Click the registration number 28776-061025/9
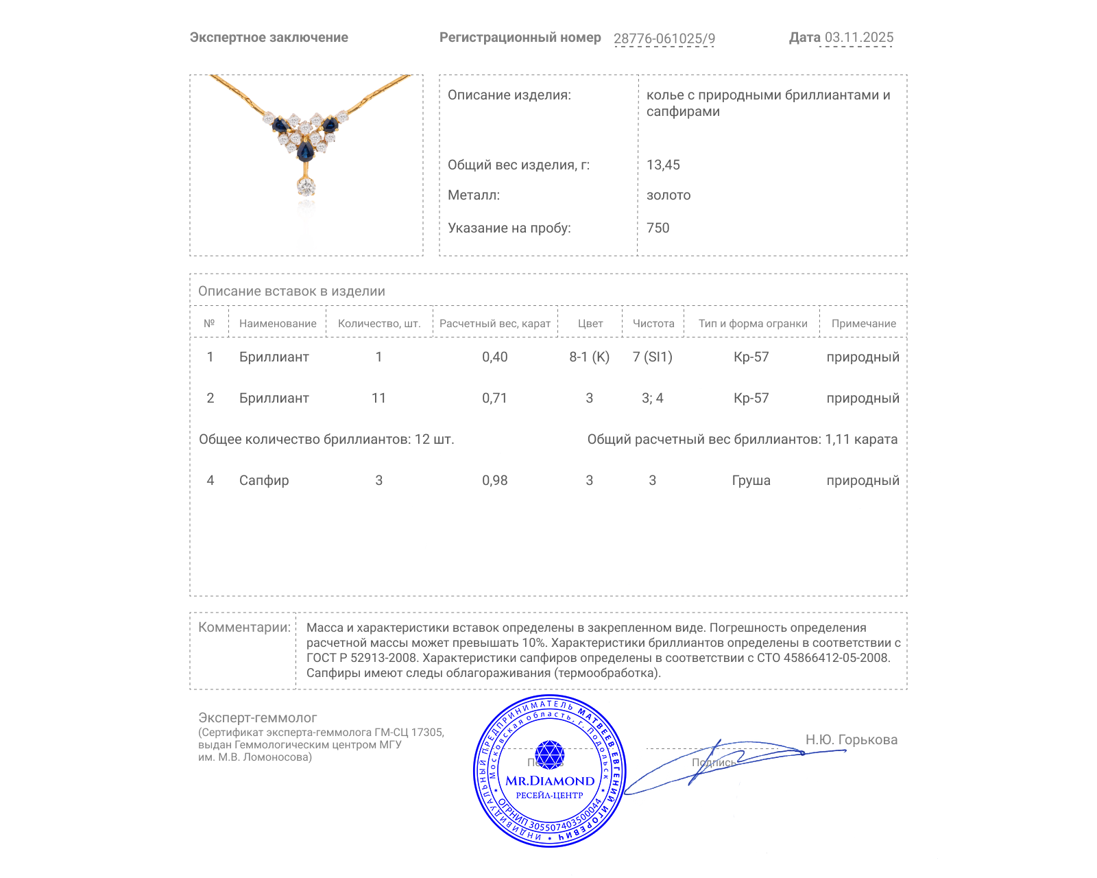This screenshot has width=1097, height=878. tap(664, 38)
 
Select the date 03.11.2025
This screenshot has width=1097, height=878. tap(858, 38)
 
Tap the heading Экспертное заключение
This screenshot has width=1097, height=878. tap(269, 38)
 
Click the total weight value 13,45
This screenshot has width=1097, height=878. tap(663, 165)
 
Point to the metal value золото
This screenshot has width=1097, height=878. tap(668, 195)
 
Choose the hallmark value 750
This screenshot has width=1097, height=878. tap(658, 228)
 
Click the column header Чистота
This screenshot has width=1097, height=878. tap(653, 324)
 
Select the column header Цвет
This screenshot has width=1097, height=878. tap(590, 324)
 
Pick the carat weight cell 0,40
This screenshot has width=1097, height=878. tap(494, 357)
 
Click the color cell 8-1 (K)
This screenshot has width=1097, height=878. tap(589, 357)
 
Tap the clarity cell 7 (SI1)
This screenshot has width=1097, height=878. tap(652, 357)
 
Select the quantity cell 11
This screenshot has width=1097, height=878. tap(378, 399)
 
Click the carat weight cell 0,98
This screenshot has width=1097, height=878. tap(494, 481)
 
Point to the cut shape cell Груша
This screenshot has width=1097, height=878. tap(751, 481)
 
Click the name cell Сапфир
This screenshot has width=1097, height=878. tap(264, 481)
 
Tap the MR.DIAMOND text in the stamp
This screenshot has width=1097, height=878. tap(550, 781)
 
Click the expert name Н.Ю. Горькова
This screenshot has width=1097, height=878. tap(851, 740)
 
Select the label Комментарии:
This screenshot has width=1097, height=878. tap(244, 628)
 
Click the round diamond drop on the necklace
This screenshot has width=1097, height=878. tap(306, 186)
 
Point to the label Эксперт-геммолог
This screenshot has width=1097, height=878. tap(257, 718)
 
